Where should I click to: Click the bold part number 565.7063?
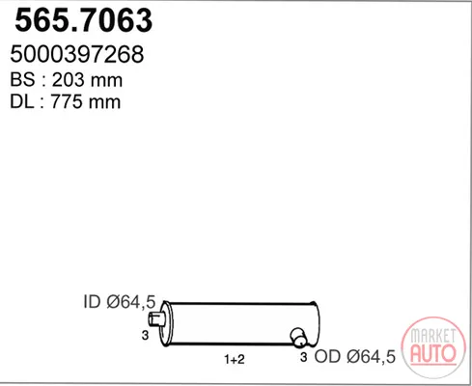(x=83, y=20)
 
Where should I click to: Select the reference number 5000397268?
(x=77, y=54)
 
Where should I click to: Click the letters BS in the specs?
(x=22, y=79)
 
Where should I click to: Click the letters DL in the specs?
(x=21, y=102)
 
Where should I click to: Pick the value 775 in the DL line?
(x=66, y=102)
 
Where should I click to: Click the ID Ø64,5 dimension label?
(x=120, y=302)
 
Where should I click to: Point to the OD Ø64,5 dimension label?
(x=355, y=356)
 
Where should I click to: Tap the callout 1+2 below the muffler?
(x=235, y=359)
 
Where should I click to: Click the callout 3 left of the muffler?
(x=145, y=336)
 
